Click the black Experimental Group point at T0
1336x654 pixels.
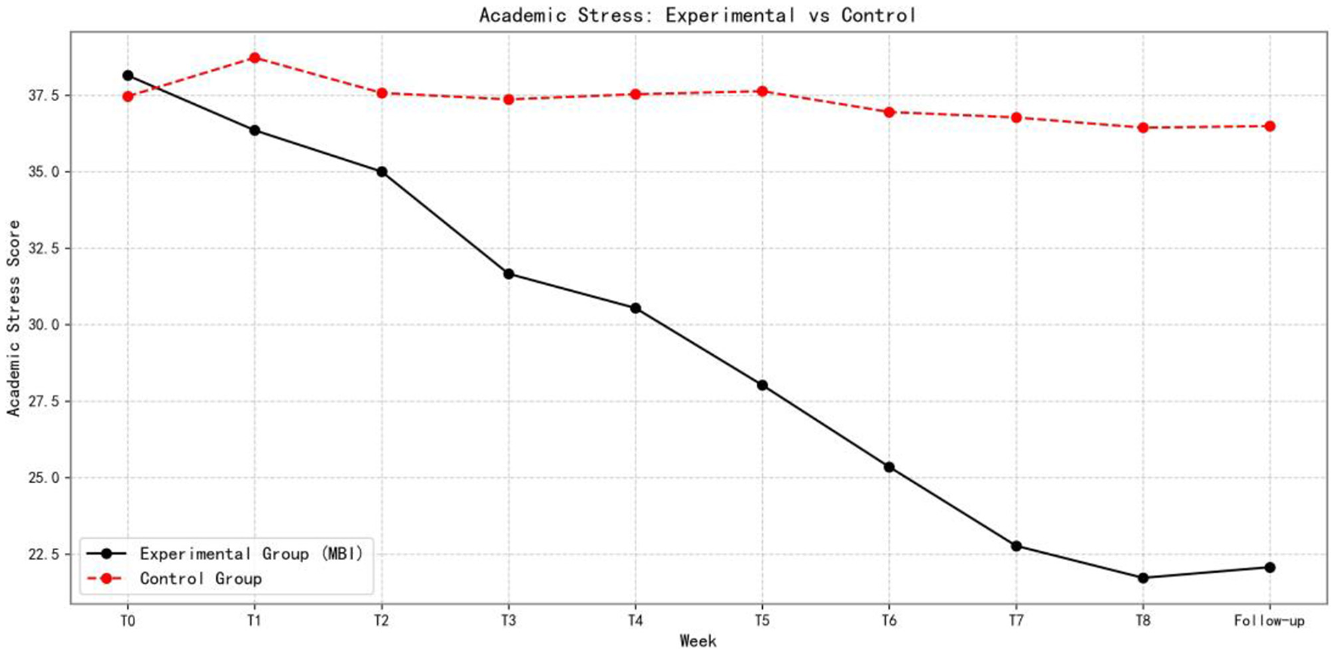(x=127, y=75)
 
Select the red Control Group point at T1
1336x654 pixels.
(x=255, y=58)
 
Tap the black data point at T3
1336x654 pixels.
(x=509, y=274)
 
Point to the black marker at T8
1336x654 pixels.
(x=1143, y=578)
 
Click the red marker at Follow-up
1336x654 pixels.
(x=1270, y=127)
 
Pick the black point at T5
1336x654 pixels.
(x=762, y=385)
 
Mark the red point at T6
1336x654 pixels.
(x=889, y=112)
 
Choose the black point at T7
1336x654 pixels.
(x=1016, y=546)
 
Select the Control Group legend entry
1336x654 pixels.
(x=201, y=579)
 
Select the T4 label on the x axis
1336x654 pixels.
(x=636, y=621)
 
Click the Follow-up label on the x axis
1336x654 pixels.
(x=1269, y=621)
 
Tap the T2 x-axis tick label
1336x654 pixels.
(x=381, y=621)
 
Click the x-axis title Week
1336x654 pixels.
(x=697, y=641)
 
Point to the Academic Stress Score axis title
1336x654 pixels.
(x=14, y=318)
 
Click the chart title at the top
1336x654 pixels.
(x=697, y=15)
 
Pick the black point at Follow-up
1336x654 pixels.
(x=1270, y=567)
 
